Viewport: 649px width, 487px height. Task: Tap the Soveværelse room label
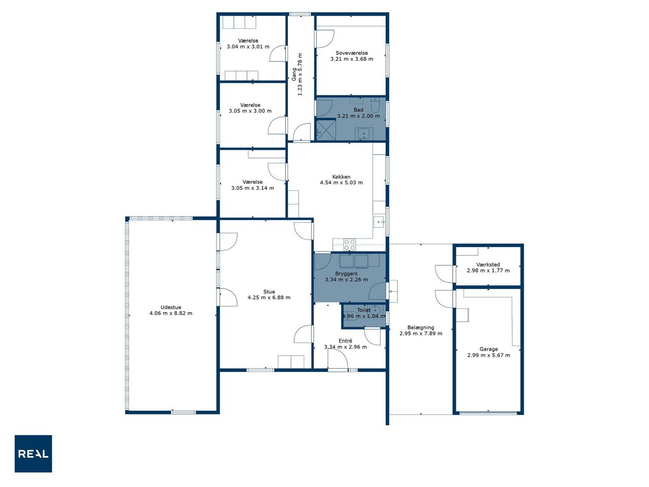click(x=351, y=53)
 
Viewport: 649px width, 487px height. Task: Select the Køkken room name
click(x=341, y=177)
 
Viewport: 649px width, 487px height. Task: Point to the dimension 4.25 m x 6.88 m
click(x=269, y=297)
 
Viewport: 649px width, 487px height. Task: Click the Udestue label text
click(x=171, y=307)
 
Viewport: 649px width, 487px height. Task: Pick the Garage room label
click(x=488, y=349)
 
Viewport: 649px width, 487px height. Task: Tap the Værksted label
click(x=488, y=265)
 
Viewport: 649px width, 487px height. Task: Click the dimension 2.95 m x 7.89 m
click(x=421, y=333)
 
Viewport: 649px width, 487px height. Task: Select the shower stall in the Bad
click(x=326, y=129)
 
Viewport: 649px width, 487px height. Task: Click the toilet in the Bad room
click(x=375, y=106)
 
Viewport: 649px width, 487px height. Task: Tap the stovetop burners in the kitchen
click(x=349, y=245)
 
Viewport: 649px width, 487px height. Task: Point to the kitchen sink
click(x=379, y=222)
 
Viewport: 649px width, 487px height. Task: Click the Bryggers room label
click(x=346, y=274)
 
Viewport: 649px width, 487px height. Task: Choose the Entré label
click(x=345, y=341)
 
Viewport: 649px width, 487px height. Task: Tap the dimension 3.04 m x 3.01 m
click(x=248, y=47)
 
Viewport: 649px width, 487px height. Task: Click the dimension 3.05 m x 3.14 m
click(x=253, y=188)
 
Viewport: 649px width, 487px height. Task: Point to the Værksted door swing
click(x=444, y=274)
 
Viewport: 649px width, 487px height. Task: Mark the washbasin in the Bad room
click(x=364, y=134)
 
